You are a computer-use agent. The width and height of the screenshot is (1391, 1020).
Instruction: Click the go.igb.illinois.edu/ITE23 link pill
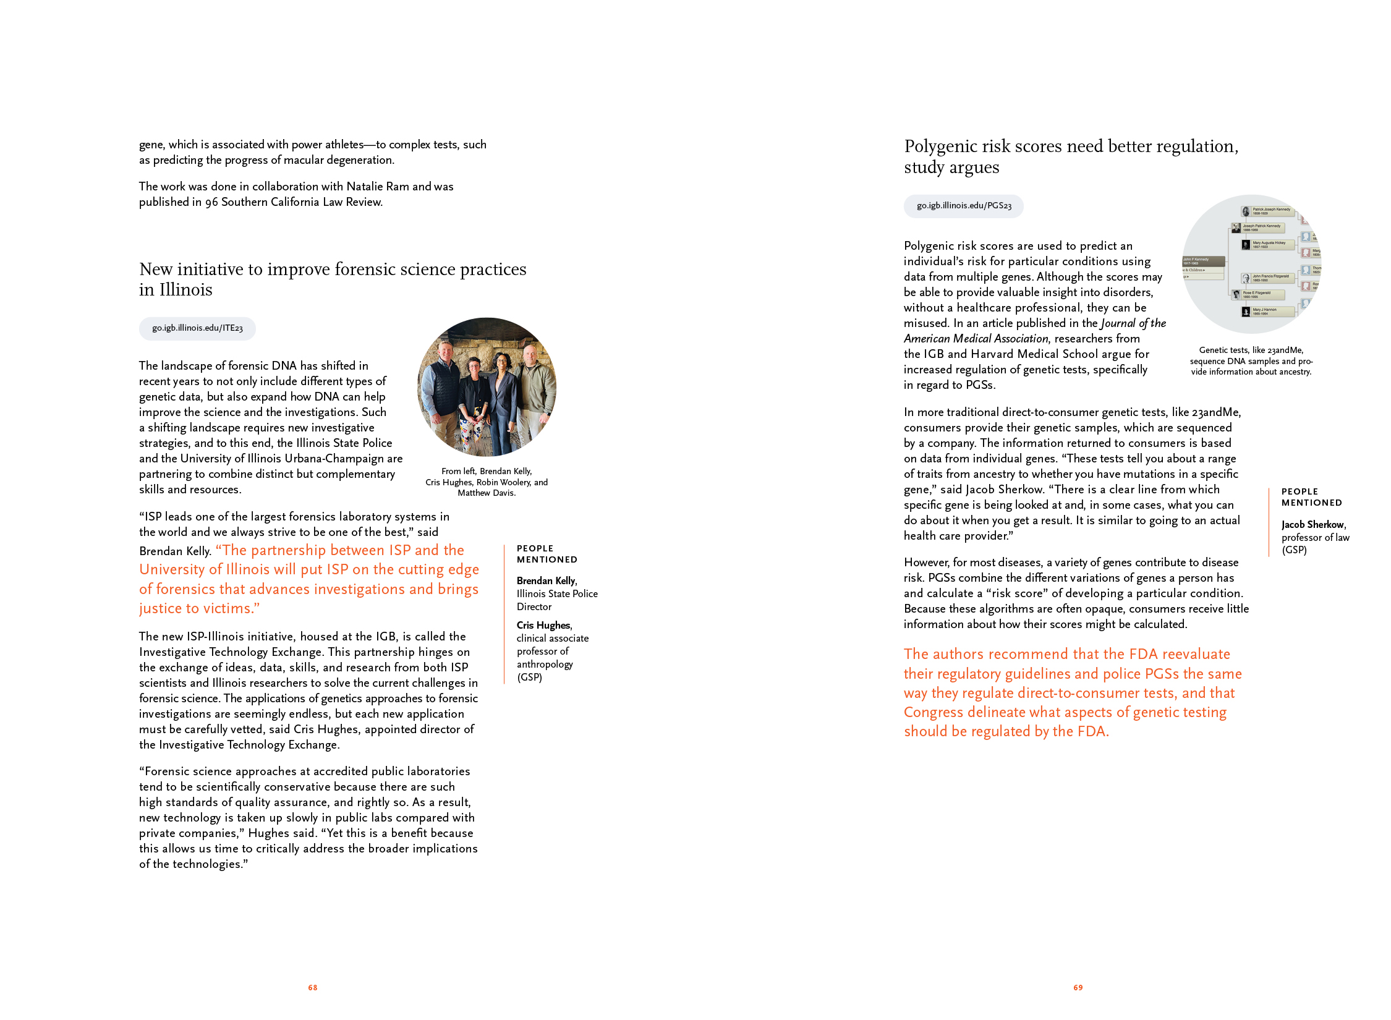tap(197, 328)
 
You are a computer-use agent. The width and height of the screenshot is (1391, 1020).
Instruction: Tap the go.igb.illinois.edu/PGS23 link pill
tap(963, 206)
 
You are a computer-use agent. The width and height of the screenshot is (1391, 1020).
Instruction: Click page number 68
tap(313, 987)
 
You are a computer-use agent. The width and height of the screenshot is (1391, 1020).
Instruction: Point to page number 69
tap(1078, 987)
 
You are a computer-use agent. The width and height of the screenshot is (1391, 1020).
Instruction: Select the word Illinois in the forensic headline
tap(185, 290)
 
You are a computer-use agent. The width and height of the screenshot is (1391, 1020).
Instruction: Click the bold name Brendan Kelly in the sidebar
tap(546, 580)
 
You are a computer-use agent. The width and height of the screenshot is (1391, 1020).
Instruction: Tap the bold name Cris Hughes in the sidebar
tap(543, 625)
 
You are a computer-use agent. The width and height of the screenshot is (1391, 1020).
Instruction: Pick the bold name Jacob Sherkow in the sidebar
tap(1312, 524)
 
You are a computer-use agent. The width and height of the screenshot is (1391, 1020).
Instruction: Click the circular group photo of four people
tap(487, 387)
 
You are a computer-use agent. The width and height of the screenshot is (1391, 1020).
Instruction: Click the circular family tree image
tap(1251, 264)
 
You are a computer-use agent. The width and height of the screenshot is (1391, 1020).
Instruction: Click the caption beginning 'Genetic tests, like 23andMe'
tap(1251, 360)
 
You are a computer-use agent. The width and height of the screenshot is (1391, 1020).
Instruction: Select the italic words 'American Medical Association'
tap(976, 339)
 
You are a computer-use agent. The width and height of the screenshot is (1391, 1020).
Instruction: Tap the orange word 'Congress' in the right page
tap(934, 713)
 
